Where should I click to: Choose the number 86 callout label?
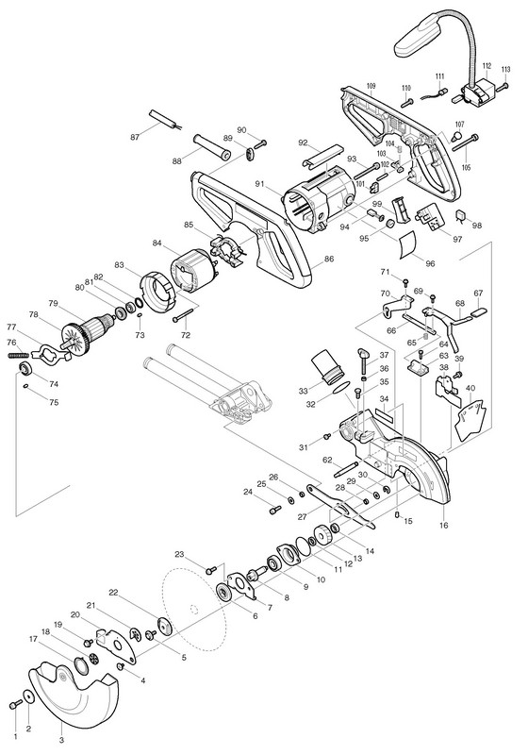pos(329,259)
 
